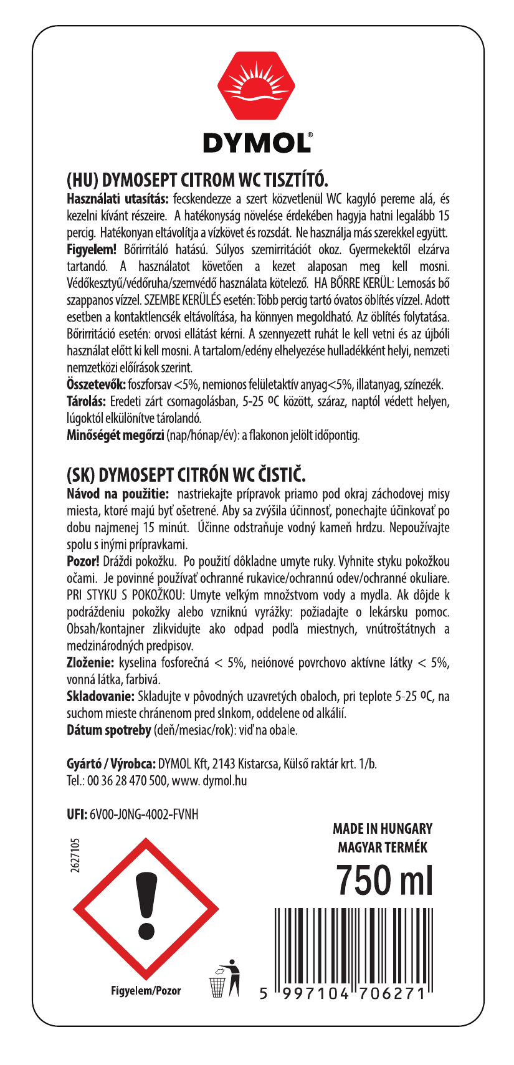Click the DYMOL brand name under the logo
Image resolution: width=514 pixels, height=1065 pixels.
click(257, 143)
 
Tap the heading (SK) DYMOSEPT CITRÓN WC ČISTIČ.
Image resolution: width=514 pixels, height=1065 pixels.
click(186, 476)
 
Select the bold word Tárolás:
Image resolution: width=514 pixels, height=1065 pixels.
click(87, 401)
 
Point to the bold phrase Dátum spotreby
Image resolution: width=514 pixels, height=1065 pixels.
click(108, 729)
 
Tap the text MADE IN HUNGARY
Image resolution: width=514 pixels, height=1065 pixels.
click(382, 829)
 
